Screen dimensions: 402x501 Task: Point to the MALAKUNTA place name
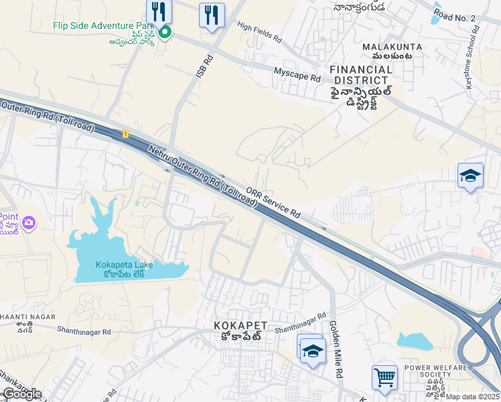pos(387,47)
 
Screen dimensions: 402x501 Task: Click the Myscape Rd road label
pos(297,74)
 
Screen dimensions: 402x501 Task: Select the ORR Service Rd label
pos(272,201)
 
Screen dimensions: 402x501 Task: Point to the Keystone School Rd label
pos(472,57)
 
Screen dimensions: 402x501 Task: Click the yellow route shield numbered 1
pos(125,134)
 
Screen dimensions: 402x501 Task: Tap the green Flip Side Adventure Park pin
pos(164,31)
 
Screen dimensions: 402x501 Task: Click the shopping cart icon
pos(384,378)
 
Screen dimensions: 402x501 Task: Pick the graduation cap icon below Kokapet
pos(313,351)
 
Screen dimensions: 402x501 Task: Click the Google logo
pos(21,394)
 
